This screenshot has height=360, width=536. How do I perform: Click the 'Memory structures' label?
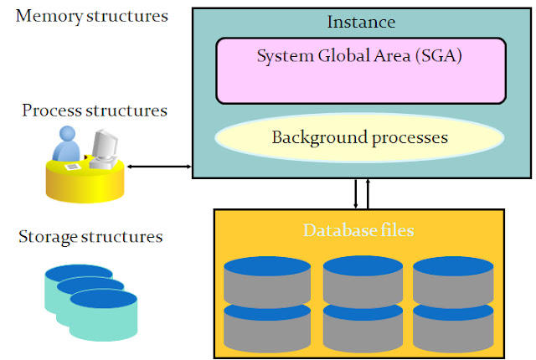pos(91,16)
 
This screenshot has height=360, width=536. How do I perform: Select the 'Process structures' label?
pos(95,111)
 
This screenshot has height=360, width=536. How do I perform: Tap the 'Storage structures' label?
pos(90,237)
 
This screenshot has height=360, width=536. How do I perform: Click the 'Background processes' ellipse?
pos(360,136)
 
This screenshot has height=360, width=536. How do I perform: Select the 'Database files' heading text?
pos(359,229)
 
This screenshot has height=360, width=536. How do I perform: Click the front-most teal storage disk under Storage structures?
pos(105,316)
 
